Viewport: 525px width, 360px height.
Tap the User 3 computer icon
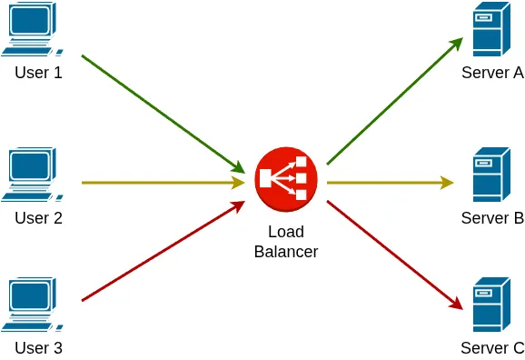34,305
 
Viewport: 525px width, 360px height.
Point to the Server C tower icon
487,305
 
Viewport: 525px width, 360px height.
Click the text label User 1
38,73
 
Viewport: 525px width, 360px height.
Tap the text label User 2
38,218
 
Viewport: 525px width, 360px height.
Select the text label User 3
38,347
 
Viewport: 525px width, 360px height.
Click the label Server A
492,73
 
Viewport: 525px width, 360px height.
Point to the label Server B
492,218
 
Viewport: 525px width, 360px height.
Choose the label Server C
492,347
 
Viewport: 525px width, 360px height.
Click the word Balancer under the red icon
286,252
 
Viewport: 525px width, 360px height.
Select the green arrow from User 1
163,114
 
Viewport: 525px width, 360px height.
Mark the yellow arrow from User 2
163,183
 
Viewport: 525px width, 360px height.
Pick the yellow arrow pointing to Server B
391,183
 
